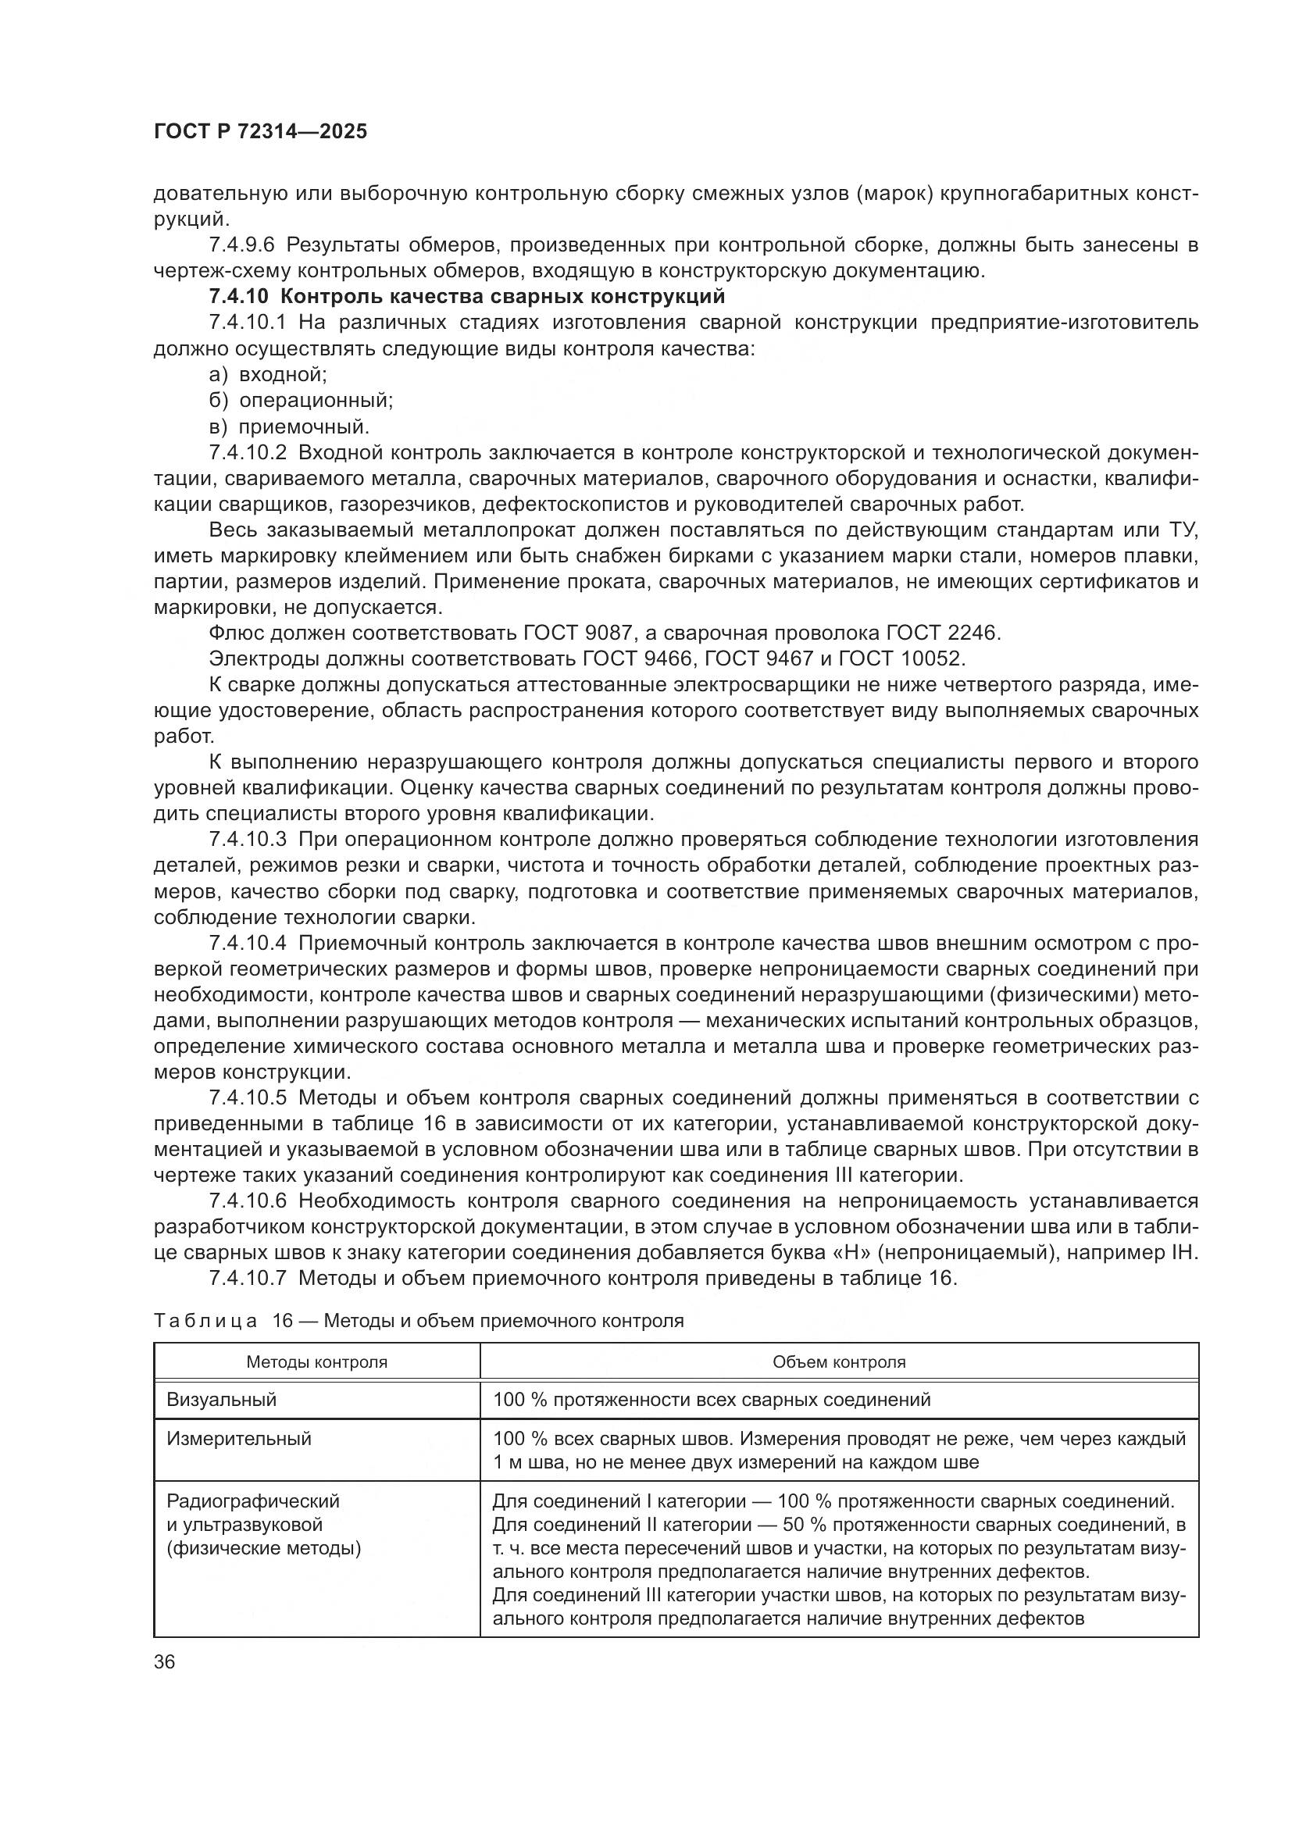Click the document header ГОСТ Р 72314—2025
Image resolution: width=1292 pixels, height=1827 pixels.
pos(260,132)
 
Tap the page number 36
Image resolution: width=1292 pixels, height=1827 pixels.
pos(165,1662)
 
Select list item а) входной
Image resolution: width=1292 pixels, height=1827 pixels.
pos(269,374)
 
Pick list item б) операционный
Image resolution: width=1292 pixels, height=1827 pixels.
pos(301,400)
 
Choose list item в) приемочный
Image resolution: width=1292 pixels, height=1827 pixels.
pos(289,426)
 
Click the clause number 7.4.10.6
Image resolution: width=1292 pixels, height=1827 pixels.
pos(252,1201)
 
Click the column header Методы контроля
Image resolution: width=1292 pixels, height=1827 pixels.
pos(316,1361)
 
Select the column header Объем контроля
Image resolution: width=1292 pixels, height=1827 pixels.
pos(838,1361)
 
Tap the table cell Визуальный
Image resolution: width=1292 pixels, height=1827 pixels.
pos(221,1400)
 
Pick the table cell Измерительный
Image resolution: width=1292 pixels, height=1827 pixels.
pos(239,1439)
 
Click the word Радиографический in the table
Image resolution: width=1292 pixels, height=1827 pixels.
pos(253,1501)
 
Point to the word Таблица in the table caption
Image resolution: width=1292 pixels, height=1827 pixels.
pos(205,1321)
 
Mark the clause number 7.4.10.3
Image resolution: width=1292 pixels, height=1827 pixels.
pos(252,840)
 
